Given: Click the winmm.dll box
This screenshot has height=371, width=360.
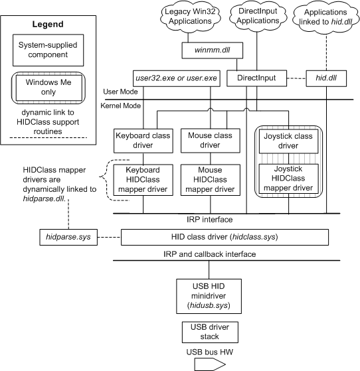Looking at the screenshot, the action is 212,50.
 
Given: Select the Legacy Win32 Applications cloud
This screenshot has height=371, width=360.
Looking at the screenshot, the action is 190,17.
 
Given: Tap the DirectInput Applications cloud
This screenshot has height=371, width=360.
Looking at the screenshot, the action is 258,16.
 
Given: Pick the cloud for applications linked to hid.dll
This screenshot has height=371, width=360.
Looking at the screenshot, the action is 325,17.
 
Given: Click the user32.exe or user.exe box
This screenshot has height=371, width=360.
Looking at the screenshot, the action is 177,78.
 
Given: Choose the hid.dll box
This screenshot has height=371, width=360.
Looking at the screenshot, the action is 326,78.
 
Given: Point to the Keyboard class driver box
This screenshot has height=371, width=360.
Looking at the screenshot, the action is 143,141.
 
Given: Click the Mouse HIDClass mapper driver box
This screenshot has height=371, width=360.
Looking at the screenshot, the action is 211,180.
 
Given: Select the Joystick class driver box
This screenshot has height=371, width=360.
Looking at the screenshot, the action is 288,141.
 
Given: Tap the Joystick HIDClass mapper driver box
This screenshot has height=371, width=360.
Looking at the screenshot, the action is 288,179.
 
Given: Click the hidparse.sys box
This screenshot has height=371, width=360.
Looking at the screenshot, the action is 68,237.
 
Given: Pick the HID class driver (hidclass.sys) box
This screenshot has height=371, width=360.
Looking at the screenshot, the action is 225,237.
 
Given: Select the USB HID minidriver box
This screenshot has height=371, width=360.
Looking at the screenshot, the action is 209,296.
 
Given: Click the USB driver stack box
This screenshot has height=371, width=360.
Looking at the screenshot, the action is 210,332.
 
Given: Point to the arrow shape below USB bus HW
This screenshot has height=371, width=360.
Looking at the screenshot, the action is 210,364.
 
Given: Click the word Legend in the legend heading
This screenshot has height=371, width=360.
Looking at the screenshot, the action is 48,24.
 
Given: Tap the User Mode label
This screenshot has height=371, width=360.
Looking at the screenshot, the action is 120,92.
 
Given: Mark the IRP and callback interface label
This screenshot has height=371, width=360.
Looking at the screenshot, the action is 210,254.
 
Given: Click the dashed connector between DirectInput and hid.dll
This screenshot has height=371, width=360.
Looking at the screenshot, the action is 296,78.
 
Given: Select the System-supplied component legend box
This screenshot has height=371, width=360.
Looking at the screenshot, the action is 48,50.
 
